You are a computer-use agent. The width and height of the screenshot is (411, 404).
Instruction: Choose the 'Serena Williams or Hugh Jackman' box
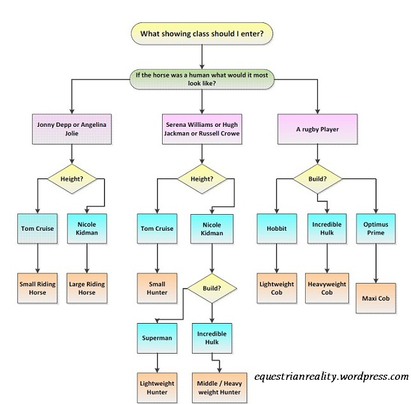pyautogui.click(x=202, y=129)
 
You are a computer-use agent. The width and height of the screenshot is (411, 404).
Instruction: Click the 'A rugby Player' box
pyautogui.click(x=327, y=129)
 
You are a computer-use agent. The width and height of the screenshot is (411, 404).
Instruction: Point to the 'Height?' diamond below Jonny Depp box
pyautogui.click(x=71, y=179)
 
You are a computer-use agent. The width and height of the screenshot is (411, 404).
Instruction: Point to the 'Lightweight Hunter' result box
pyautogui.click(x=157, y=387)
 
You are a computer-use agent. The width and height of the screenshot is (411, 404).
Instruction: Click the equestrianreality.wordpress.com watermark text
pyautogui.click(x=331, y=377)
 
